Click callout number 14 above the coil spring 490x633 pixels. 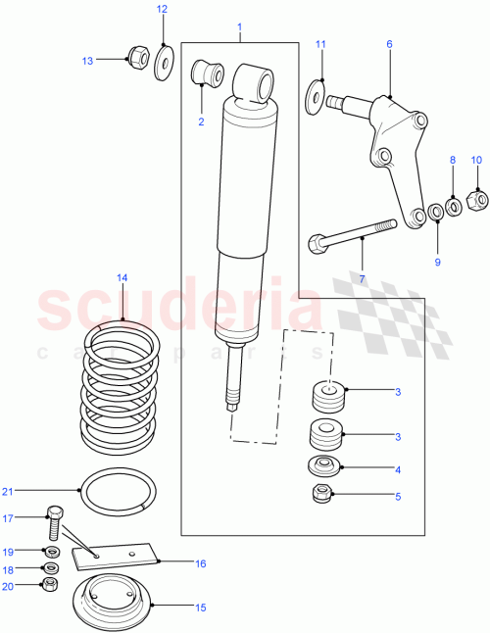click(122, 278)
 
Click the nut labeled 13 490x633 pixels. click(138, 59)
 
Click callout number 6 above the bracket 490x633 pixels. click(388, 44)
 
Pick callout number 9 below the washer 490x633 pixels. click(437, 261)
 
